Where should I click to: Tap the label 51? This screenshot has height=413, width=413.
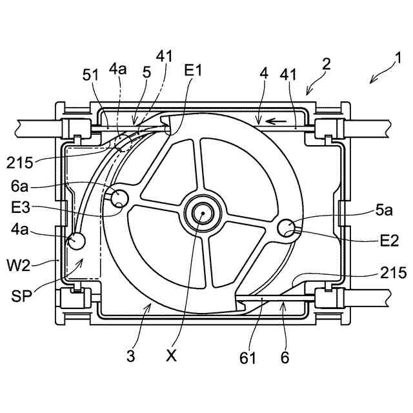(x=90, y=75)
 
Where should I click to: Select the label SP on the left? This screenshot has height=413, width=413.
(x=21, y=296)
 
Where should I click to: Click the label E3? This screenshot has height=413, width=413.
(x=21, y=208)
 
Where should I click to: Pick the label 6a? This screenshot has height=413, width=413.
(x=19, y=186)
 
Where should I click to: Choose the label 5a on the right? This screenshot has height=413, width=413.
(x=384, y=210)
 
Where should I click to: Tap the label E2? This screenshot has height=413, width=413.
(x=389, y=241)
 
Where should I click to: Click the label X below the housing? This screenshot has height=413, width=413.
(x=172, y=356)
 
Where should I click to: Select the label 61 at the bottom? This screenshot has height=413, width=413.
(x=248, y=358)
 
